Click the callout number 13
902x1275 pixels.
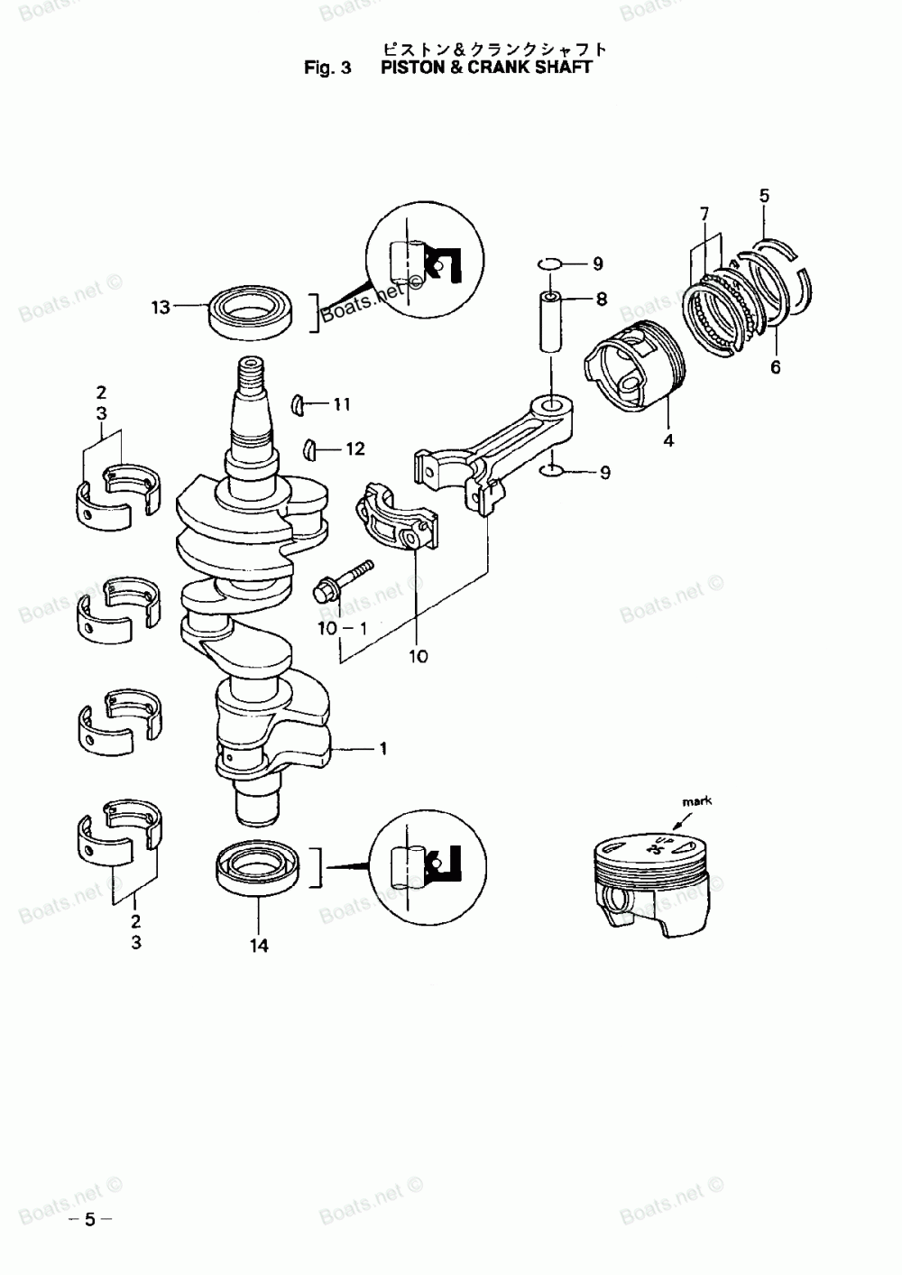click(x=161, y=308)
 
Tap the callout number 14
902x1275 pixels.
click(x=259, y=946)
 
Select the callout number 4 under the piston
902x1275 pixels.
click(x=668, y=440)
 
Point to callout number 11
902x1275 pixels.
click(x=340, y=405)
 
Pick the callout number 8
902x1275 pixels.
click(x=601, y=299)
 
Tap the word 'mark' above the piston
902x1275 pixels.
click(x=696, y=800)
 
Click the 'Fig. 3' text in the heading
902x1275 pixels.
click(x=327, y=67)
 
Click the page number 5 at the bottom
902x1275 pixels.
click(x=89, y=1220)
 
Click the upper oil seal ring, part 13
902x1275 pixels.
click(x=246, y=311)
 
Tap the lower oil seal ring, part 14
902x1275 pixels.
click(x=257, y=868)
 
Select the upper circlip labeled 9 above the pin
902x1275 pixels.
click(x=549, y=263)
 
